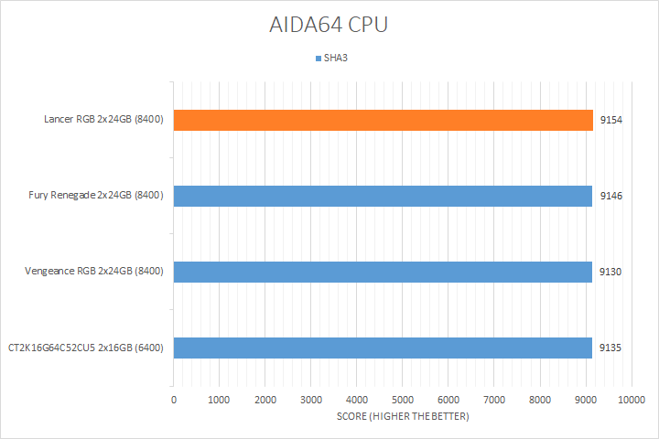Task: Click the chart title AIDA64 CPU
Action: pyautogui.click(x=329, y=25)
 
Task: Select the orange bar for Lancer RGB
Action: pyautogui.click(x=383, y=120)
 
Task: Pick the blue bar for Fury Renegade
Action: pyautogui.click(x=383, y=196)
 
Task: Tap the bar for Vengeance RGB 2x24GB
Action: pyautogui.click(x=383, y=272)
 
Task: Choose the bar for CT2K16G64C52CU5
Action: pyautogui.click(x=383, y=348)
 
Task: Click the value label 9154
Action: pyautogui.click(x=611, y=120)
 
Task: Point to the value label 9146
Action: pyautogui.click(x=611, y=196)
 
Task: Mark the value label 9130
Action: pyautogui.click(x=611, y=272)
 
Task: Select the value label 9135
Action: pyautogui.click(x=611, y=348)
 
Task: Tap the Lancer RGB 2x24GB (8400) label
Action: pyautogui.click(x=103, y=120)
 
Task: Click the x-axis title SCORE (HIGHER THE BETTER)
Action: pyautogui.click(x=402, y=417)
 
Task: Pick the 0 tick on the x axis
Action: pyautogui.click(x=174, y=400)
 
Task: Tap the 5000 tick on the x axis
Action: pyautogui.click(x=403, y=400)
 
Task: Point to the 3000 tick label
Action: pyautogui.click(x=311, y=400)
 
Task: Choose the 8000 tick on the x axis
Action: pyautogui.click(x=540, y=400)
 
